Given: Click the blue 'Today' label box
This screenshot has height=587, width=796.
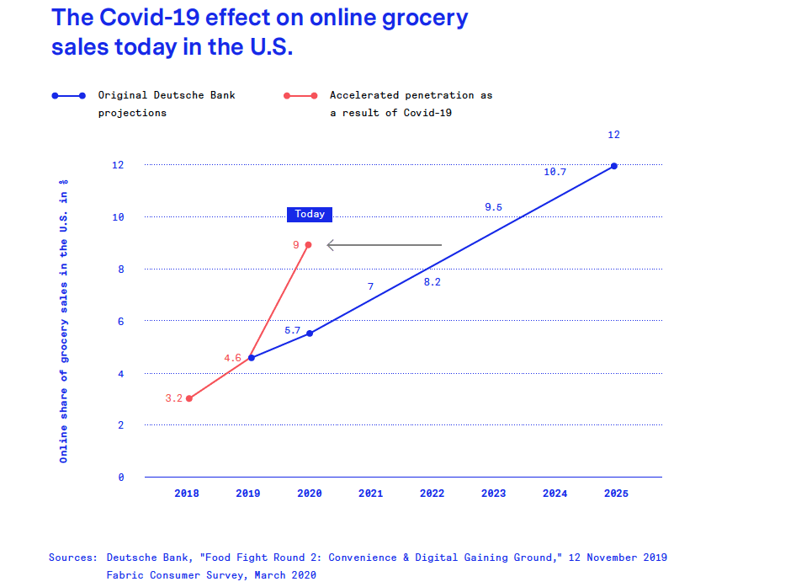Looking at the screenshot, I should coord(310,214).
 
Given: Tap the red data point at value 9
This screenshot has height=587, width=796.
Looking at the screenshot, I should coord(308,245).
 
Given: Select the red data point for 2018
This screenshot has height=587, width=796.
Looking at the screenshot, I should coord(189,398).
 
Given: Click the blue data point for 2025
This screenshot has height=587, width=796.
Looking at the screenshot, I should coord(614,166).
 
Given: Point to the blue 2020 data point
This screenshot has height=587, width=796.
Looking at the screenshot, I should coord(310,334).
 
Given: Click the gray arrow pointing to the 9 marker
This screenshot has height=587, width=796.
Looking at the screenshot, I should coord(384,245).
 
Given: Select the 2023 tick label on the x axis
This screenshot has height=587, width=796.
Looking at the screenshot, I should coord(493,494).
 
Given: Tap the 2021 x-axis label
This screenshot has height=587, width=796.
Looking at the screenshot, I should coord(371,494).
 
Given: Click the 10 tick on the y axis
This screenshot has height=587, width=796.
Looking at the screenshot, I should coord(118,217).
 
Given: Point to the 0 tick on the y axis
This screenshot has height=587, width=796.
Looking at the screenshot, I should coord(120,478).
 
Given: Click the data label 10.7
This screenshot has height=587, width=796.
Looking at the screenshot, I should coord(555,172).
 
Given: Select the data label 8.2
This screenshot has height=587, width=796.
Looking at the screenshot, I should coord(432,282).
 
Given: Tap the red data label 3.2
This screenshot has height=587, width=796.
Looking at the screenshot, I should coord(173,398).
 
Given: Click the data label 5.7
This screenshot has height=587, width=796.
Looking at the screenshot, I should coord(292,330).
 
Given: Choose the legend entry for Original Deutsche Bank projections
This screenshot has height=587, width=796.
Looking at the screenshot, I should coord(167,104).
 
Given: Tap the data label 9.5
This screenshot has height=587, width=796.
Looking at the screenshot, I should coord(493,207).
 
